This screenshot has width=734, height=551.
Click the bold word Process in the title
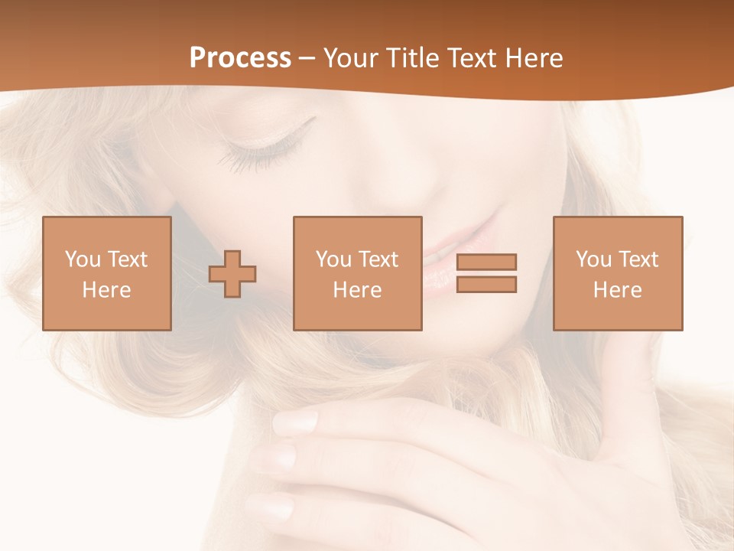coord(240,58)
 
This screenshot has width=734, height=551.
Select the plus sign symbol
coord(232,274)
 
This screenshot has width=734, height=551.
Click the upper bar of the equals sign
coord(486,262)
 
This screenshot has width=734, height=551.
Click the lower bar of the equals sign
coord(486,285)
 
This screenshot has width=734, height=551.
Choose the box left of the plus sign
coord(107,273)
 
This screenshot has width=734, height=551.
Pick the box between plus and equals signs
coord(358,273)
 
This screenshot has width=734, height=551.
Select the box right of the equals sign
coord(618,273)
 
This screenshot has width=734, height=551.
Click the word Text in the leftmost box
coord(127,259)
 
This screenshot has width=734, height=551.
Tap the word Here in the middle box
coord(358,290)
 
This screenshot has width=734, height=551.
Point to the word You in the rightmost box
coord(594,259)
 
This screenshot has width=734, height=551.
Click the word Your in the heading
coord(351,58)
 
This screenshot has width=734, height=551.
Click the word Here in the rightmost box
coord(618,290)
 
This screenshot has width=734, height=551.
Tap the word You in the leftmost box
coord(83,259)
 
